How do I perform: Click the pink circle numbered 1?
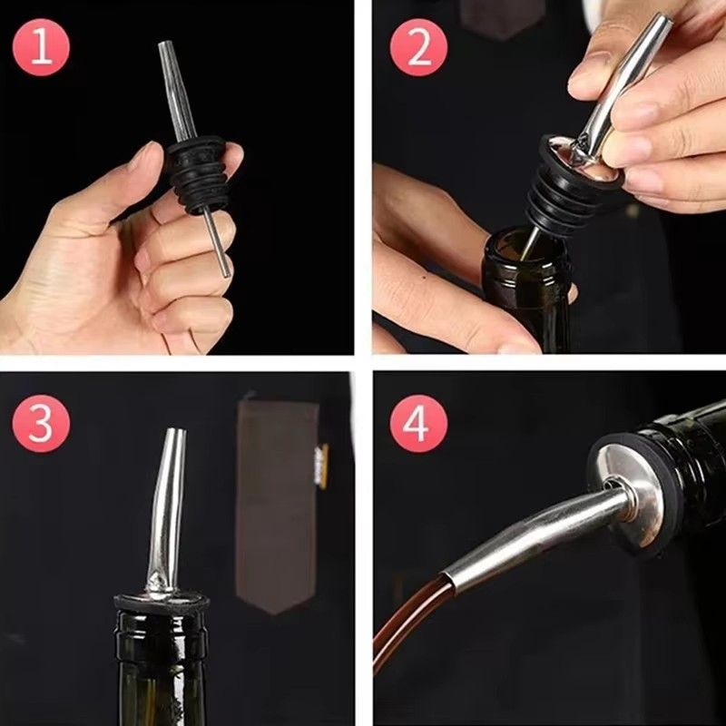(40, 47)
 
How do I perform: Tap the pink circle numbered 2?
(418, 47)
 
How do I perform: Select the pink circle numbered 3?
(40, 423)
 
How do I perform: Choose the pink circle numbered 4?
(418, 423)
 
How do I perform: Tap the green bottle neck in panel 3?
(163, 662)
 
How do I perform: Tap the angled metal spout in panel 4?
(535, 535)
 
